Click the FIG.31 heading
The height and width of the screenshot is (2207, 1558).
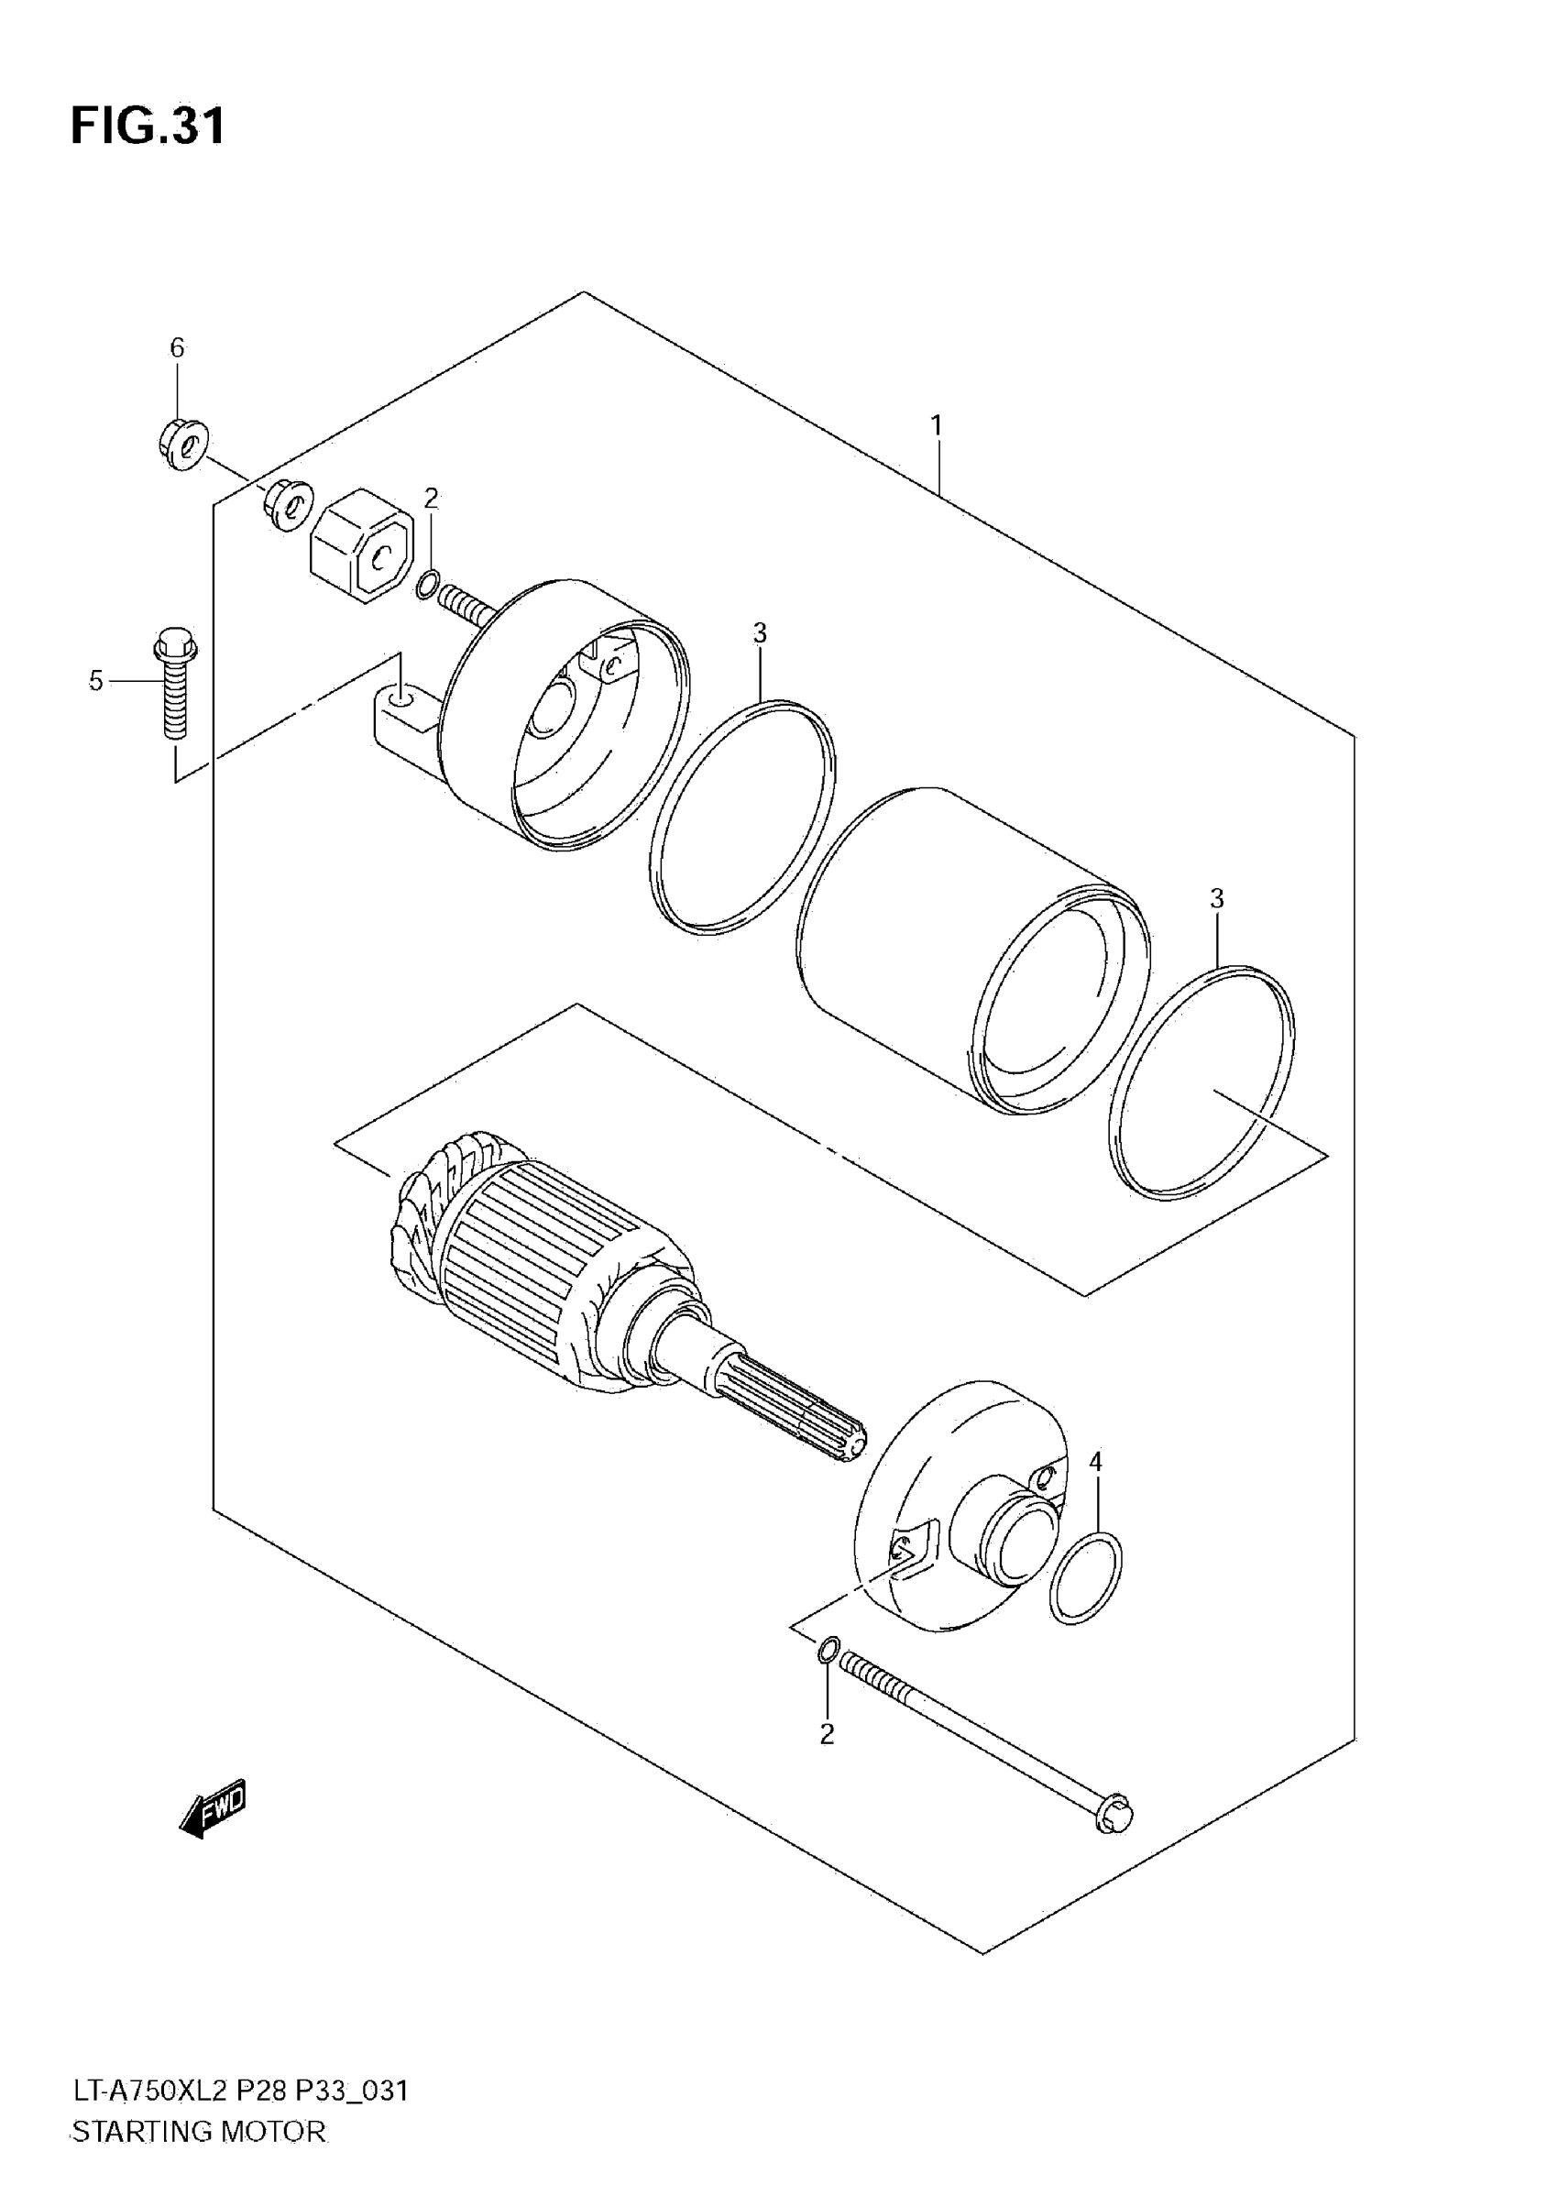point(148,126)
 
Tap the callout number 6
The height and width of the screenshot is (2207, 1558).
point(177,348)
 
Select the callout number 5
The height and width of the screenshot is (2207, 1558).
point(96,681)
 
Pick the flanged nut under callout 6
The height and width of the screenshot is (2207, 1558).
point(182,445)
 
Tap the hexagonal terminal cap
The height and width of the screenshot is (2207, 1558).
point(361,544)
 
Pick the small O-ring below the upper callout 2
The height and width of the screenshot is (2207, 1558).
point(429,583)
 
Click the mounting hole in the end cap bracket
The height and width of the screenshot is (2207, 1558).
point(403,693)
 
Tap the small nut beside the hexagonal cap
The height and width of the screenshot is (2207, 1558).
point(289,504)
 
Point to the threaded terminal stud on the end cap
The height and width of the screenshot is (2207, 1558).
point(466,605)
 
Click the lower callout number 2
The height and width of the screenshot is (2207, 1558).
point(827,1735)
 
